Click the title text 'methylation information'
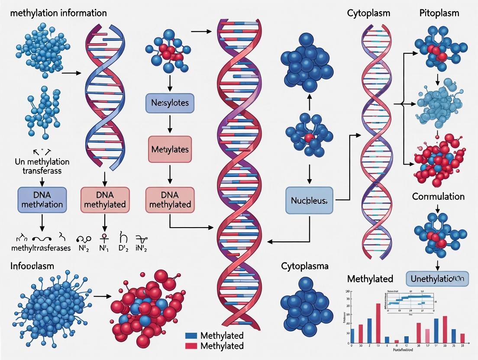click(58, 13)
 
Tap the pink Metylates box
click(169, 150)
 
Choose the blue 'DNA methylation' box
click(42, 199)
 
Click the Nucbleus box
click(309, 200)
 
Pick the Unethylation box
click(437, 279)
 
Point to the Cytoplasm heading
click(368, 13)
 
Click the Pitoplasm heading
click(439, 13)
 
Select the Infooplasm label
click(32, 266)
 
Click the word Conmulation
click(438, 196)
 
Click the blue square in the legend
click(191, 335)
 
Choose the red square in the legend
click(191, 346)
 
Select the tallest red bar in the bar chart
click(378, 323)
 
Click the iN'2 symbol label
click(142, 248)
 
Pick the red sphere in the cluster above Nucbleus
click(308, 138)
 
